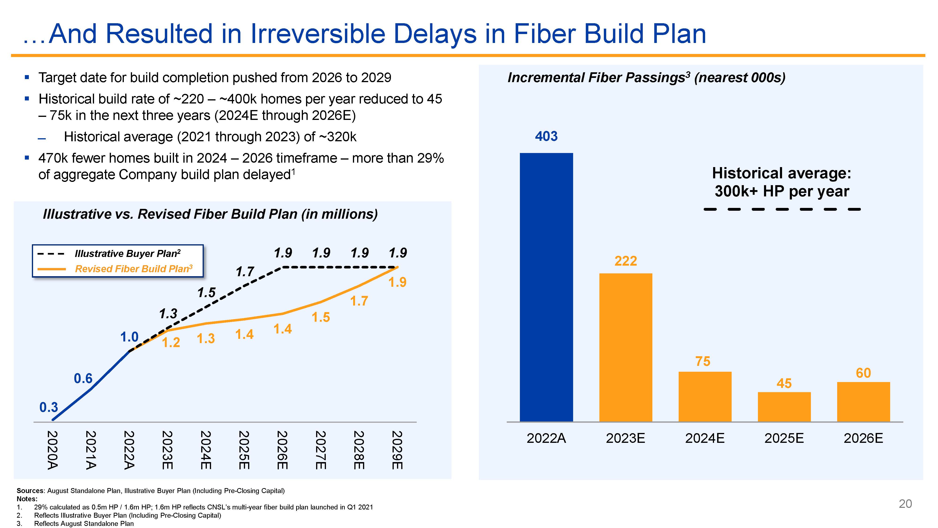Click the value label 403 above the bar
click(x=546, y=136)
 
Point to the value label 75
click(x=703, y=361)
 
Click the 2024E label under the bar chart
click(x=705, y=438)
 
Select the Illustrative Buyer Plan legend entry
click(x=127, y=254)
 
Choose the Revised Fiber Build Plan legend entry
click(x=133, y=269)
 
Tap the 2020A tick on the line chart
click(x=53, y=450)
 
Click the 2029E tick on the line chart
click(x=397, y=450)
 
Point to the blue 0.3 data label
click(x=49, y=407)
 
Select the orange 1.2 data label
click(x=171, y=343)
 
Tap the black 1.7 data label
click(x=245, y=272)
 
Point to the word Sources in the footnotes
click(x=30, y=491)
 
